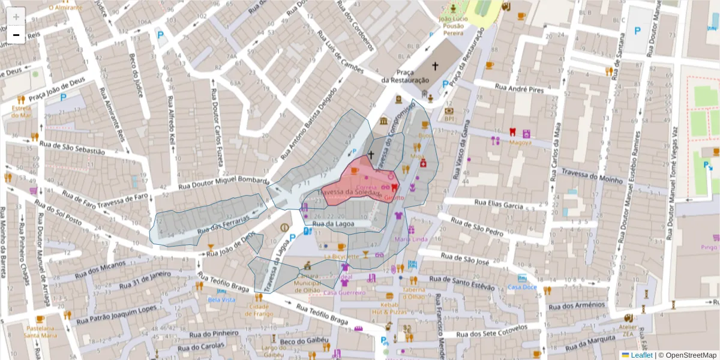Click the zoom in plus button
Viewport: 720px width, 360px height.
click(x=16, y=16)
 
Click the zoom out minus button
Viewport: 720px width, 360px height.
click(x=16, y=35)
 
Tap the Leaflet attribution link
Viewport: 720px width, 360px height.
click(x=641, y=355)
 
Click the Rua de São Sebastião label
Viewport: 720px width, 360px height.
click(x=71, y=148)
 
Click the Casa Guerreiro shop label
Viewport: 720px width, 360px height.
click(x=344, y=293)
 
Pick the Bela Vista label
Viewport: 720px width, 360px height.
click(x=221, y=299)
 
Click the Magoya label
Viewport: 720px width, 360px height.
click(x=520, y=143)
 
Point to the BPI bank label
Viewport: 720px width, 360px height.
click(x=449, y=110)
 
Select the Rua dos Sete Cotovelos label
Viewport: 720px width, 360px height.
click(x=492, y=332)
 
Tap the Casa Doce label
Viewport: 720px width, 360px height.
click(x=522, y=287)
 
